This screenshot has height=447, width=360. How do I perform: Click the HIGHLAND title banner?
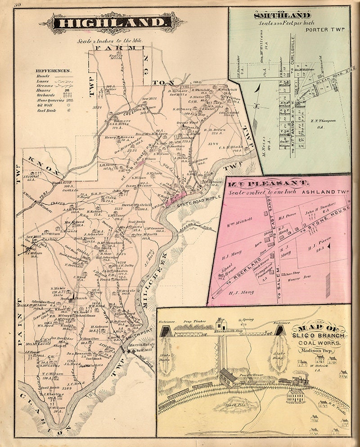(x=117, y=22)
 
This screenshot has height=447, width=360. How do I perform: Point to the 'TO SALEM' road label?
(x=279, y=281)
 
